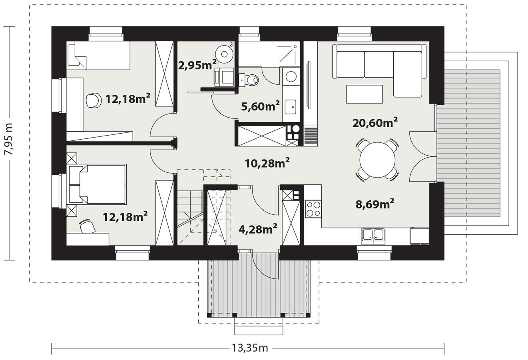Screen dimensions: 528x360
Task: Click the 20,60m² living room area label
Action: tap(375, 122)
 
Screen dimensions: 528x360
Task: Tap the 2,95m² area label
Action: tap(197, 65)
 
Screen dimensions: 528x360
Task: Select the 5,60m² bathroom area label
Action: tap(261, 106)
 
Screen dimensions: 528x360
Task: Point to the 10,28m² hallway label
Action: tap(267, 163)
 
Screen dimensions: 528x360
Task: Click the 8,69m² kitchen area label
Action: tap(375, 204)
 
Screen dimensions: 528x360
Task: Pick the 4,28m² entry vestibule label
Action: tap(258, 229)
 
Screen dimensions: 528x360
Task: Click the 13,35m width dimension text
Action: tap(250, 348)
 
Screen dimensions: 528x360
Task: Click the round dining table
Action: tap(377, 160)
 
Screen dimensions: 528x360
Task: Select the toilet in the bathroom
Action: tap(249, 80)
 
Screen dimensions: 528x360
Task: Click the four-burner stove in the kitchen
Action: tap(313, 208)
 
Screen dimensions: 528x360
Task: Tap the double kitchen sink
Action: tap(373, 236)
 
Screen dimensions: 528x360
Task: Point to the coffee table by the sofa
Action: tap(364, 94)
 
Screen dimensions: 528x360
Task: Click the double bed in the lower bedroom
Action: tap(98, 184)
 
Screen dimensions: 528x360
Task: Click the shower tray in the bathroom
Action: tap(269, 54)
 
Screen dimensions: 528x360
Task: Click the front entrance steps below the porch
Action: tap(259, 326)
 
